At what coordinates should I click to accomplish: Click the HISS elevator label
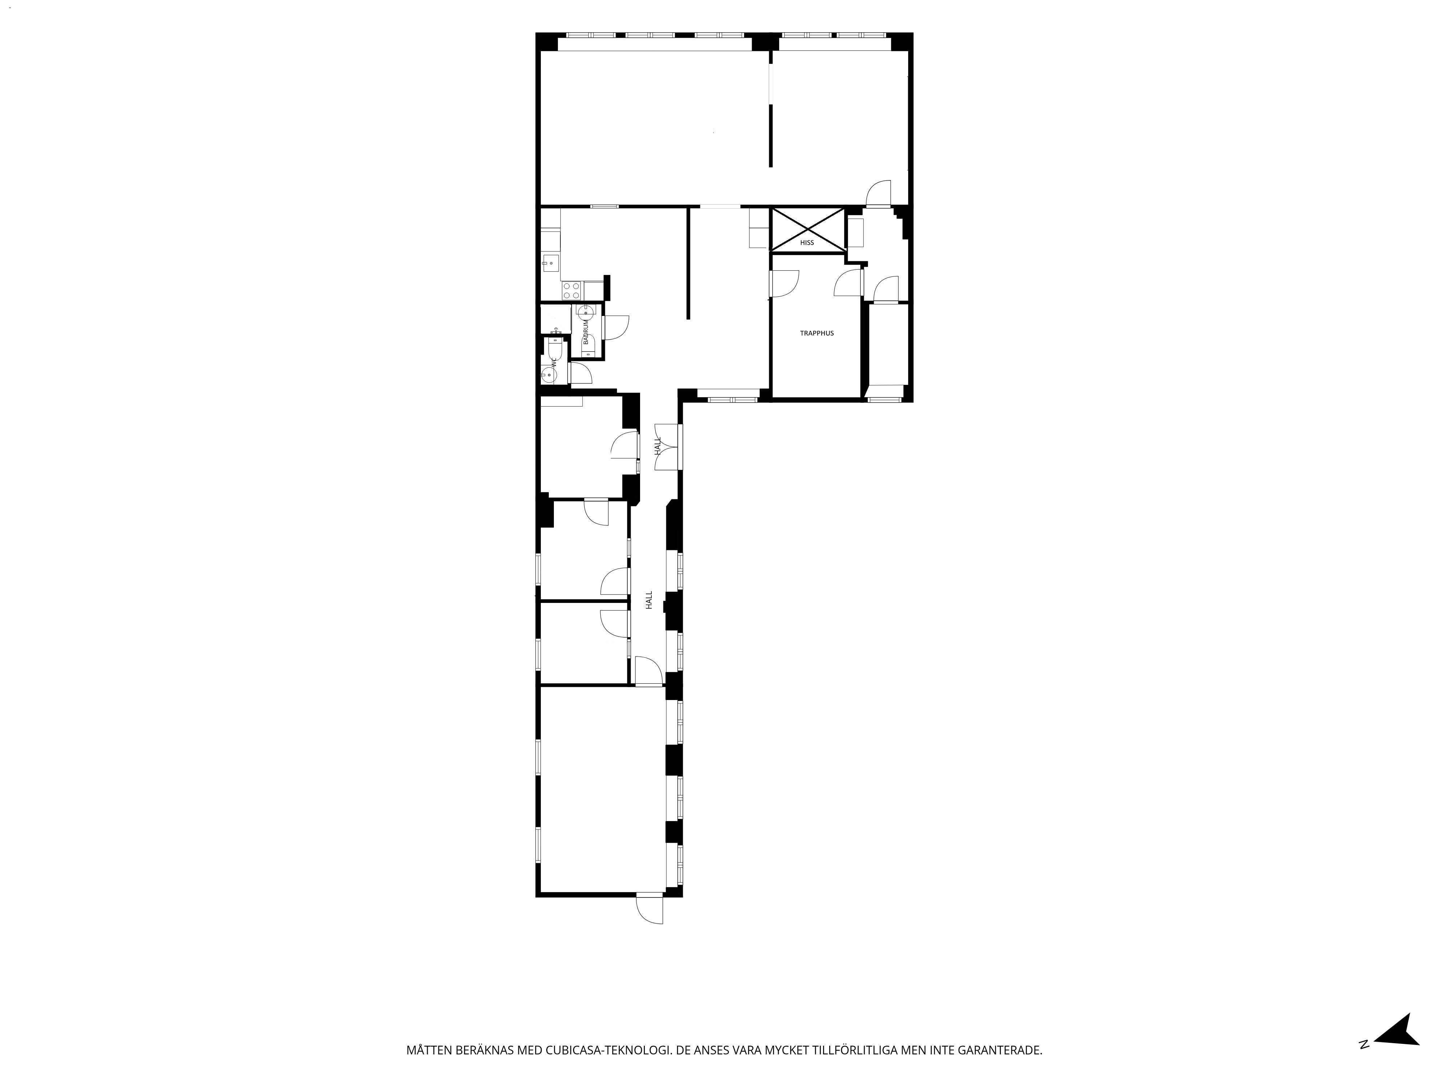807,242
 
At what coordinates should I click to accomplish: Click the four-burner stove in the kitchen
571,290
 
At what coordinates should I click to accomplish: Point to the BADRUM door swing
616,328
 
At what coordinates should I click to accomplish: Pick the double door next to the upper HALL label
668,447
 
